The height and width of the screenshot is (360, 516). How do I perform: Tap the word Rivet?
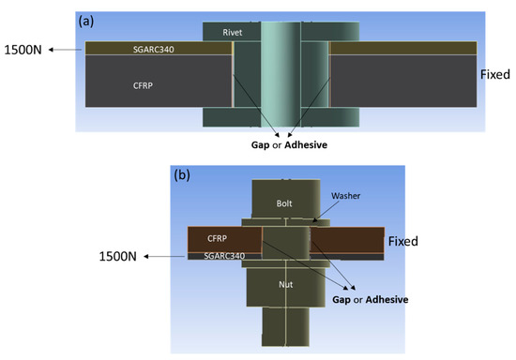point(234,32)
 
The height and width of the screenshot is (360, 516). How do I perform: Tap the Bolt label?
point(283,203)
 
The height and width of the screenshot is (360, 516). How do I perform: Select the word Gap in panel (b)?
point(344,300)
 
